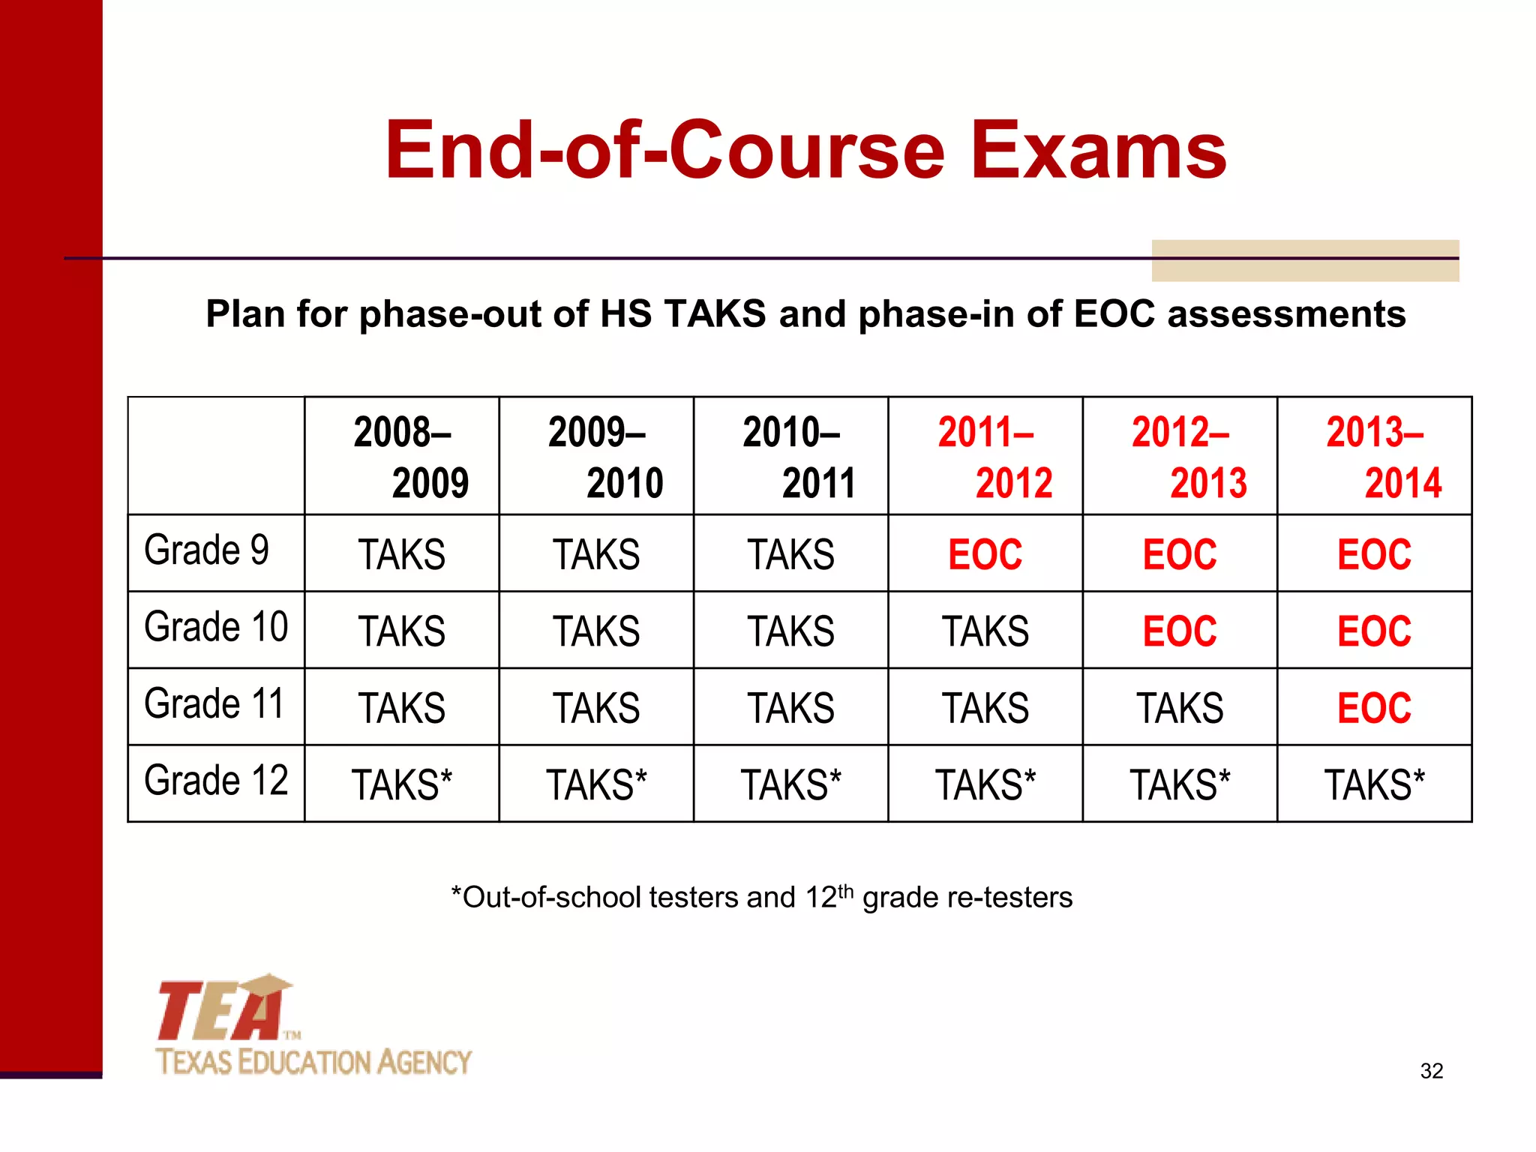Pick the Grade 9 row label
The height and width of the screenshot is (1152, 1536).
(x=207, y=550)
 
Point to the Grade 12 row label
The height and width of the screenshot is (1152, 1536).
(x=216, y=781)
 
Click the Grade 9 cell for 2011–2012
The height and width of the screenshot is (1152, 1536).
(x=985, y=555)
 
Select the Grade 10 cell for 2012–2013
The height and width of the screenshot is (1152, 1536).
(x=1180, y=631)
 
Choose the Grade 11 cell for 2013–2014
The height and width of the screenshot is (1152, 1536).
(x=1374, y=708)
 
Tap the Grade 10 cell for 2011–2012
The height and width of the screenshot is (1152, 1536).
(x=985, y=631)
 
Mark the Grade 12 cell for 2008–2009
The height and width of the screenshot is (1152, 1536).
(x=402, y=785)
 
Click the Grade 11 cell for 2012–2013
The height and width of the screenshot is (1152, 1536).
(x=1180, y=708)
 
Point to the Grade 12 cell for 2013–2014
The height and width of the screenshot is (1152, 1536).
(x=1374, y=785)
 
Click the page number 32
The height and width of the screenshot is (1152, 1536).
(x=1432, y=1071)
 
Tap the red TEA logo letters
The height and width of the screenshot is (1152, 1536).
(x=222, y=1011)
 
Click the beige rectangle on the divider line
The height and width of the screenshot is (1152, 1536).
(x=1305, y=260)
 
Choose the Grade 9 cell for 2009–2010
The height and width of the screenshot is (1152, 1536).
(x=596, y=555)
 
